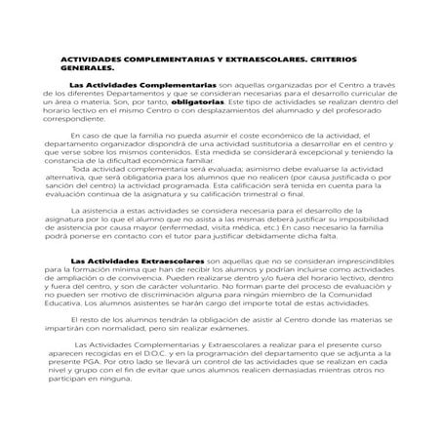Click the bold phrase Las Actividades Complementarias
[143, 85]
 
